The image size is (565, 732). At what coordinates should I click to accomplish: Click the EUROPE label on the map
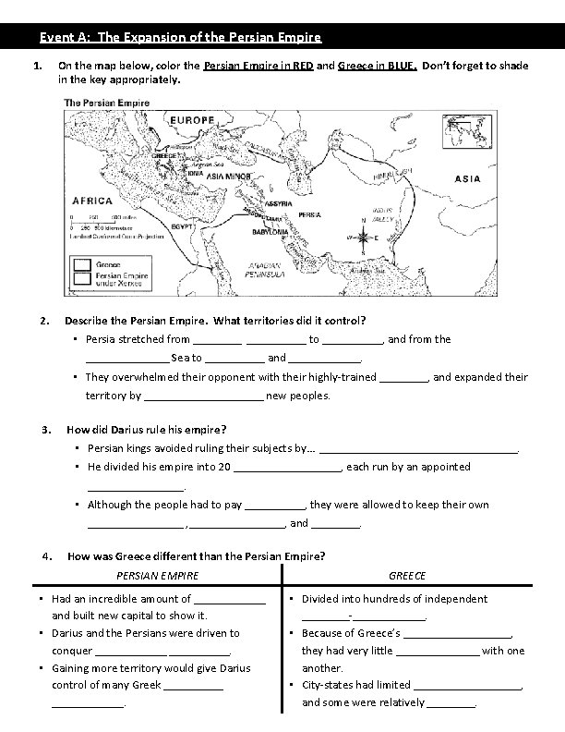click(x=193, y=120)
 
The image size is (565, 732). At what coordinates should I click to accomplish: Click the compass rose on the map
click(x=363, y=235)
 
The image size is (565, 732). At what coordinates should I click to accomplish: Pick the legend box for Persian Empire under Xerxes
click(x=81, y=280)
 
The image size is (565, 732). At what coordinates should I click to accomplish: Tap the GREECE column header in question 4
click(x=407, y=576)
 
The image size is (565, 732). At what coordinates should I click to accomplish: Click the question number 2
click(x=45, y=321)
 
